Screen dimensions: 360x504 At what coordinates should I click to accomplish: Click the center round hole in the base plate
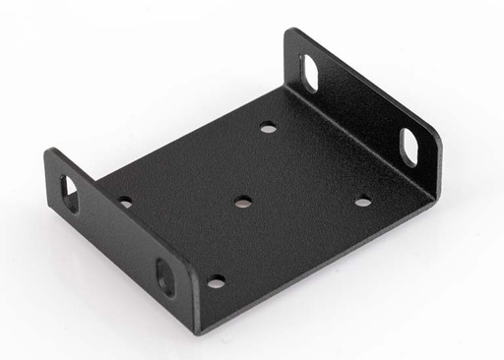[x=242, y=203]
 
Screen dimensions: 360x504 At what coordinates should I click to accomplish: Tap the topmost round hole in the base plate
[x=268, y=127]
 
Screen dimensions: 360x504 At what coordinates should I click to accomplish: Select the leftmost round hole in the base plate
[x=125, y=203]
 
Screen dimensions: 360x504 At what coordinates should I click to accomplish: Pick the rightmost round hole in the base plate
[x=363, y=202]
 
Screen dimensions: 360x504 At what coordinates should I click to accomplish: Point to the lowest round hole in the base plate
[x=216, y=281]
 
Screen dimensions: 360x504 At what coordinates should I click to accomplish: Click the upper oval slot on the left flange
[x=70, y=193]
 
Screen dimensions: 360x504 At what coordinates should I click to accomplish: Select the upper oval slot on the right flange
[x=309, y=74]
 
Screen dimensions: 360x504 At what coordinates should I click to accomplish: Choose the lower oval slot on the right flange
[x=409, y=145]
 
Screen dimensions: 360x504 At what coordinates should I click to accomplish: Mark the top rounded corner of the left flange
[x=50, y=153]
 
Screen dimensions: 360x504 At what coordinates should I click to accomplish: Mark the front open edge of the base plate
[x=325, y=260]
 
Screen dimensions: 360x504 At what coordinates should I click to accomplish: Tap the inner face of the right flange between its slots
[x=359, y=108]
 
